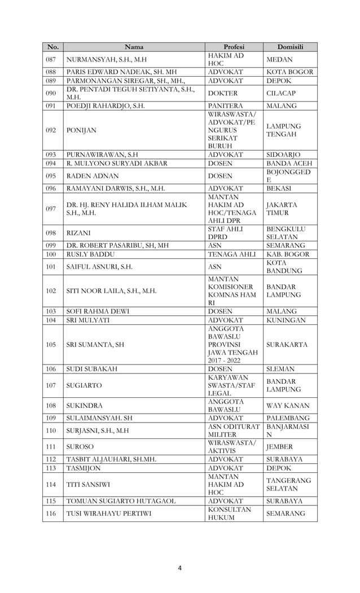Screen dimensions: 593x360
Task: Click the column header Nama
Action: [x=133, y=47]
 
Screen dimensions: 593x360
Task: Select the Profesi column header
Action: [x=234, y=47]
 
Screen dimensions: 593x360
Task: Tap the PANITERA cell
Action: [x=225, y=106]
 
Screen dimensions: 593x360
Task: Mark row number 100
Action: [x=51, y=254]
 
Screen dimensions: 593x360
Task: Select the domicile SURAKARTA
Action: [x=288, y=344]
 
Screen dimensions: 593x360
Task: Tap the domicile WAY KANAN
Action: [x=288, y=405]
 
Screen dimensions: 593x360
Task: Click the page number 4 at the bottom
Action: [x=179, y=568]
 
